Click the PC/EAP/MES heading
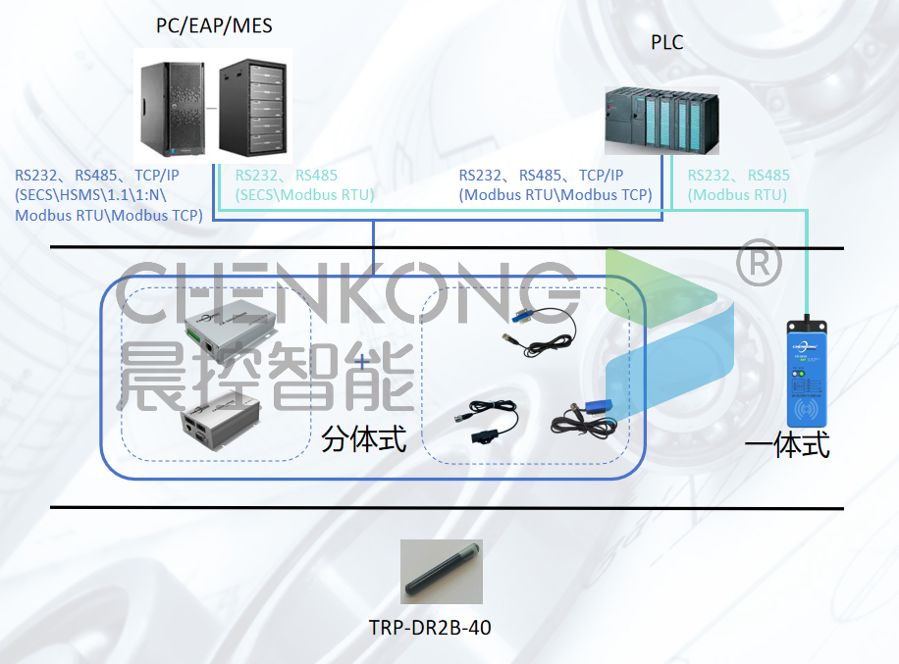214,26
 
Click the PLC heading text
667,43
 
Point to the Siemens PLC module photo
661,120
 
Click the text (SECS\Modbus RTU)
304,195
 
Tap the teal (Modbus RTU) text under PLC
737,195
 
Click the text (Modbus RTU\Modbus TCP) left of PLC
555,195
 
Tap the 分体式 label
363,438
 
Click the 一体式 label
787,444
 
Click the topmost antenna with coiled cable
535,330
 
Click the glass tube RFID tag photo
443,573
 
